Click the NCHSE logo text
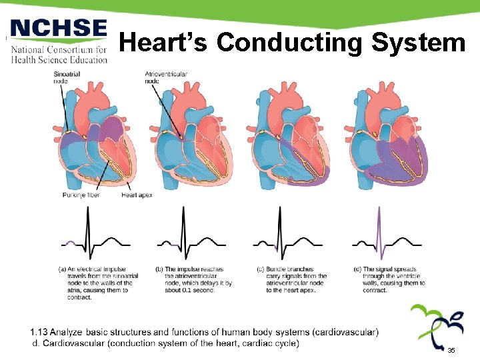[59, 30]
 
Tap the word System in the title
[418, 43]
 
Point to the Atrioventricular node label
[166, 77]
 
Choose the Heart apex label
[137, 195]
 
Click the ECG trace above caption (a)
[91, 235]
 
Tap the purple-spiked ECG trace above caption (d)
[385, 235]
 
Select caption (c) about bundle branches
[292, 280]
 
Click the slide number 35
[451, 350]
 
